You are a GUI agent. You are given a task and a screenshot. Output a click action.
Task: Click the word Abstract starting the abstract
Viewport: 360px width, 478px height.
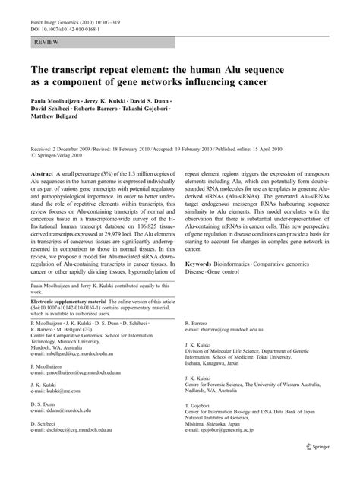pos(43,174)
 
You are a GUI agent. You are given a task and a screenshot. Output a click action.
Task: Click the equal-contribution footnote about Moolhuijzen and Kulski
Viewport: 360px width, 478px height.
pos(103,308)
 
